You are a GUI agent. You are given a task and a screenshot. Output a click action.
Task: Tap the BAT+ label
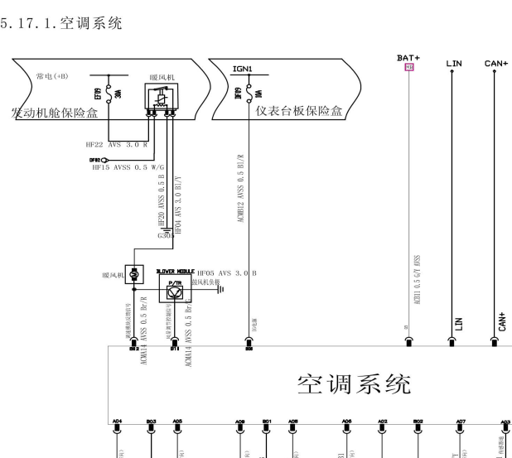tap(408, 58)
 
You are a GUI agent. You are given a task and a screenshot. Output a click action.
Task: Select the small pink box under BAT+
tap(408, 67)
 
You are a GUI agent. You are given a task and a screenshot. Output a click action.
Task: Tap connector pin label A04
tap(117, 421)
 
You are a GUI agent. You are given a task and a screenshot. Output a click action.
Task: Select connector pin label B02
tap(418, 421)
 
